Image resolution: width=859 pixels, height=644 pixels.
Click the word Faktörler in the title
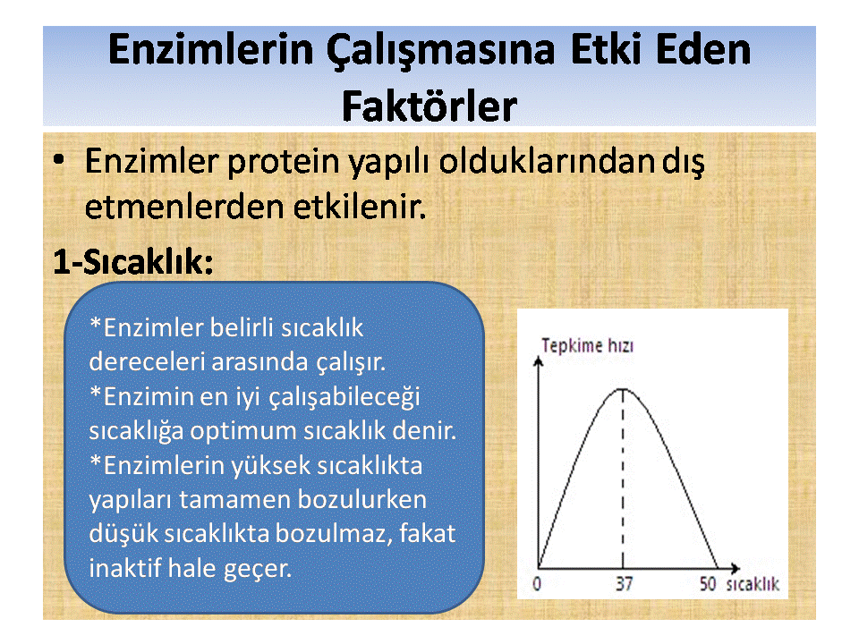point(429,106)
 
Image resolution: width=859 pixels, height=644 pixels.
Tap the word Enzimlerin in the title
point(210,50)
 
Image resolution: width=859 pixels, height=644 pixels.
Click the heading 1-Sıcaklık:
point(133,262)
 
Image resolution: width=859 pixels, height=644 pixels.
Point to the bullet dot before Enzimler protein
point(59,160)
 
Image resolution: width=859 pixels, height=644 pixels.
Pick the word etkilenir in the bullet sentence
point(360,208)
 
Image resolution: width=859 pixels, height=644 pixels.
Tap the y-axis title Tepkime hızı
point(587,345)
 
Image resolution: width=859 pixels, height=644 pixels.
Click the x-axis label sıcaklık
point(753,584)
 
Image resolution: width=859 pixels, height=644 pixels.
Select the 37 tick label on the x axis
point(624,584)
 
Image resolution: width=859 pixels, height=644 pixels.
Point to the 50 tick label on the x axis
point(707,584)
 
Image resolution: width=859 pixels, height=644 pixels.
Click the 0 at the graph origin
point(537,584)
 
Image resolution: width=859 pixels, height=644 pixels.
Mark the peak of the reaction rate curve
point(623,389)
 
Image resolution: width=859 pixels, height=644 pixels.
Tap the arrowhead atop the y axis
point(539,360)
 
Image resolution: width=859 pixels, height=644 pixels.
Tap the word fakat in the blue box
point(427,533)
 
